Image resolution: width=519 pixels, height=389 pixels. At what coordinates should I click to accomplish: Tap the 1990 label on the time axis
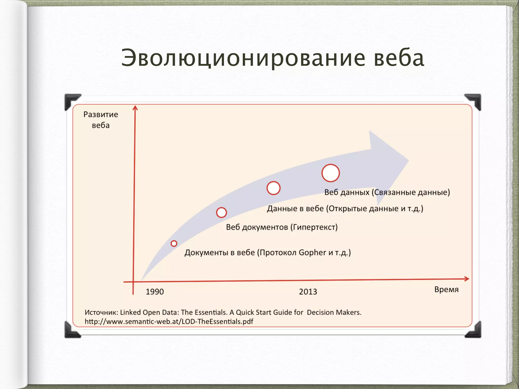(x=155, y=292)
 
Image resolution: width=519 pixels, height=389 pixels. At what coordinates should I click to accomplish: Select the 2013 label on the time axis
(x=308, y=292)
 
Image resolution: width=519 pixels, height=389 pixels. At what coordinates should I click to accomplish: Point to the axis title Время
(x=446, y=289)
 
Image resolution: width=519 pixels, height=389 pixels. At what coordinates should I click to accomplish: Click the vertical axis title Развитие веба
(x=101, y=120)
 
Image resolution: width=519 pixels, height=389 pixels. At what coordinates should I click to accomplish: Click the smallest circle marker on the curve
(x=174, y=243)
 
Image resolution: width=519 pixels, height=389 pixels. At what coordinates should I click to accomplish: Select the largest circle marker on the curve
(x=330, y=173)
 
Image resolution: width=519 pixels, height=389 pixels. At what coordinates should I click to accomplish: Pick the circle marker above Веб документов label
(x=221, y=212)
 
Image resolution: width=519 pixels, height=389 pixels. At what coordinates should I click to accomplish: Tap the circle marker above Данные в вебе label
(x=273, y=188)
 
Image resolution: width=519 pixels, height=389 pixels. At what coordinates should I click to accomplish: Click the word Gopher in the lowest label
(x=312, y=253)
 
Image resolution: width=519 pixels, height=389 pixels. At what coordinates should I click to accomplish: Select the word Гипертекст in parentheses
(x=314, y=227)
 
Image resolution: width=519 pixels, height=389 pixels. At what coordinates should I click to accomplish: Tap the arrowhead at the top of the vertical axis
(x=135, y=108)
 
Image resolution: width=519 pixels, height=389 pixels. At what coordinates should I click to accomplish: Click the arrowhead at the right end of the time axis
(x=467, y=279)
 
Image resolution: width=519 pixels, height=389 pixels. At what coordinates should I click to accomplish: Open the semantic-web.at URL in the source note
(x=169, y=322)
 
